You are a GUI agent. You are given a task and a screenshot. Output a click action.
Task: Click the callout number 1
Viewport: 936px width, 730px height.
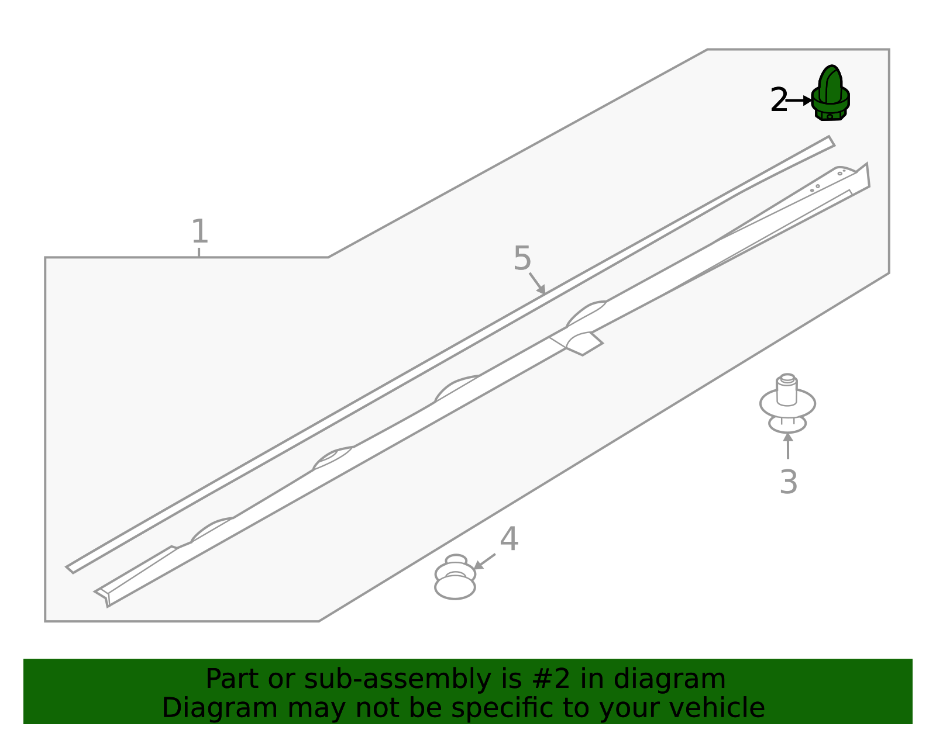[x=200, y=231]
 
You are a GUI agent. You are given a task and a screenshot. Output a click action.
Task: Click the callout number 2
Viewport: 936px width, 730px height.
[x=779, y=100]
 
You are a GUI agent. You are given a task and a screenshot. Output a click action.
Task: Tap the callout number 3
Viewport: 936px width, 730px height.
[x=789, y=482]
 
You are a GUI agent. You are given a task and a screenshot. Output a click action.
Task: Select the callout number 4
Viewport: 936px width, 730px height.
[x=509, y=538]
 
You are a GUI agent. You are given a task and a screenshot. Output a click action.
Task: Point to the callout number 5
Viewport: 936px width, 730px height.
[x=522, y=258]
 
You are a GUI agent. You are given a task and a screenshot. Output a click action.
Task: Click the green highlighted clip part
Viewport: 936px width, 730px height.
[x=831, y=94]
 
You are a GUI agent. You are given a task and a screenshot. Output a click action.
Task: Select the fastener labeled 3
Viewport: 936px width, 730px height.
[x=787, y=403]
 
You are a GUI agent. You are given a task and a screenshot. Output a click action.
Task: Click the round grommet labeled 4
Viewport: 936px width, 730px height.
[x=455, y=577]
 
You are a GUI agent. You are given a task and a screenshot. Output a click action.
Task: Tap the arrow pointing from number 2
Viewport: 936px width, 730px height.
[x=800, y=101]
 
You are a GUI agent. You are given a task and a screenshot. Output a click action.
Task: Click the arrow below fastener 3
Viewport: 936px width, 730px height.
[x=788, y=446]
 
